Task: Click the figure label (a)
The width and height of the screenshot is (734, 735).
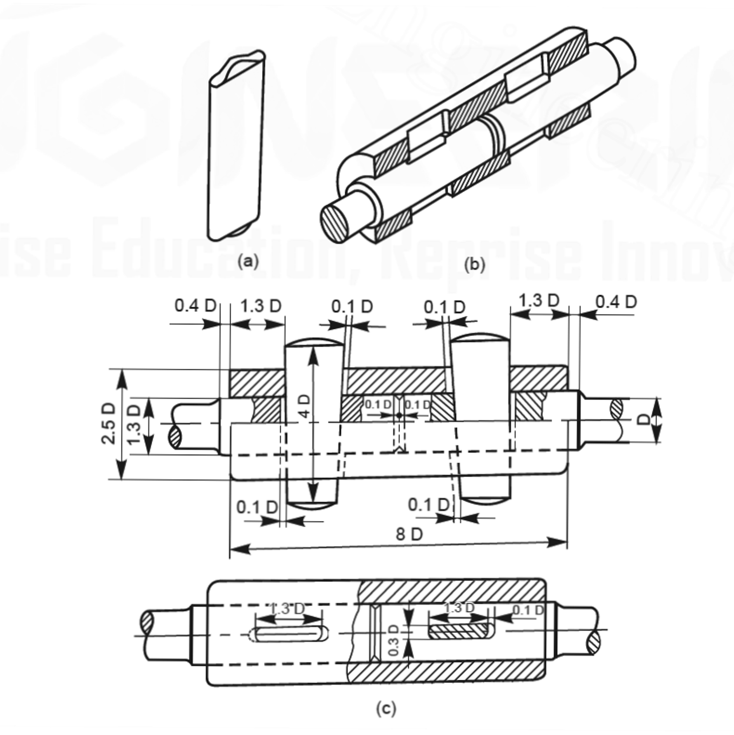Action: (x=248, y=261)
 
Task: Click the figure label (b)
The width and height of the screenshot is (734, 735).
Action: (x=474, y=264)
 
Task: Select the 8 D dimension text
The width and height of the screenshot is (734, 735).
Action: (x=409, y=535)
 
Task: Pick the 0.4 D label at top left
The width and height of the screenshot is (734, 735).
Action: (x=195, y=306)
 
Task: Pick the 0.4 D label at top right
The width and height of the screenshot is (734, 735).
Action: (x=616, y=302)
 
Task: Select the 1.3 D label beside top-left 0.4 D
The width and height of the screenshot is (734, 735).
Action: (x=261, y=306)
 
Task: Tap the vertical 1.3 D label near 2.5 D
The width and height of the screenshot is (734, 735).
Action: (x=134, y=426)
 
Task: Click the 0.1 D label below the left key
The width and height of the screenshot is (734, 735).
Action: (x=257, y=507)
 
